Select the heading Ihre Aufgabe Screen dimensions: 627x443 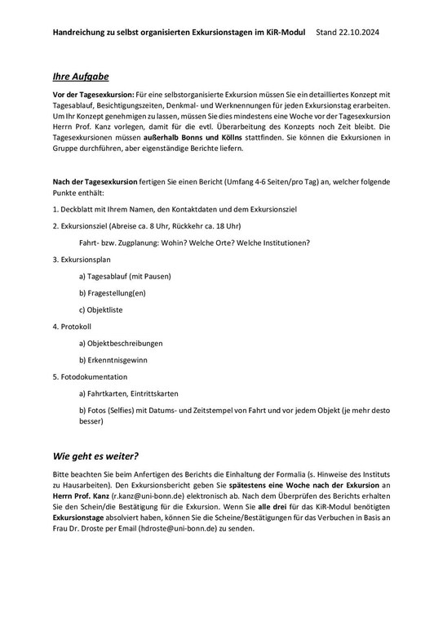click(81, 76)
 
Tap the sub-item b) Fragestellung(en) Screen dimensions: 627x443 click(113, 293)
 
